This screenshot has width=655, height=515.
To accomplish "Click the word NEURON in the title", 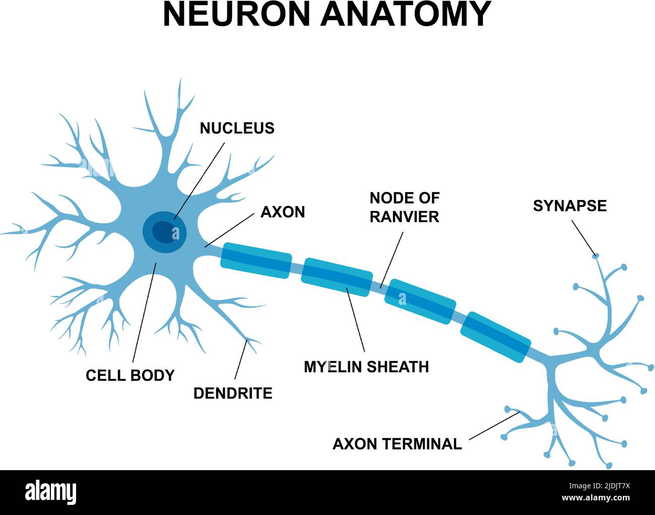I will pos(236,14).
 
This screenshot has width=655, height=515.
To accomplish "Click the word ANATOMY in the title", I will pos(406,14).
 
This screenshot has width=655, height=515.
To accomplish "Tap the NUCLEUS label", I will pos(237,128).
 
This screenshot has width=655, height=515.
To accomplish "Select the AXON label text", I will pos(283,212).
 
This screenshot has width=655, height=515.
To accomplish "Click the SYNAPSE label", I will pos(569,206).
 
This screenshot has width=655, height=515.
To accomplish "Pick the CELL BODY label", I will pos(130,375).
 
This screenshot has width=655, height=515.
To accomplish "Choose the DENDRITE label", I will pos(233,393).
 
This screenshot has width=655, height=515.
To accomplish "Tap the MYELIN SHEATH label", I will pos(366,367).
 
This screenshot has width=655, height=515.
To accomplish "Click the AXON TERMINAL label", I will pos(397,444).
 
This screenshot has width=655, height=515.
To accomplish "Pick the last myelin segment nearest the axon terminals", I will pos(496,337).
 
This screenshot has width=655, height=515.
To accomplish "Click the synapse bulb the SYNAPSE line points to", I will pos(596,255).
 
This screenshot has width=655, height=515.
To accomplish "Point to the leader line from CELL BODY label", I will pos(144,312).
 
